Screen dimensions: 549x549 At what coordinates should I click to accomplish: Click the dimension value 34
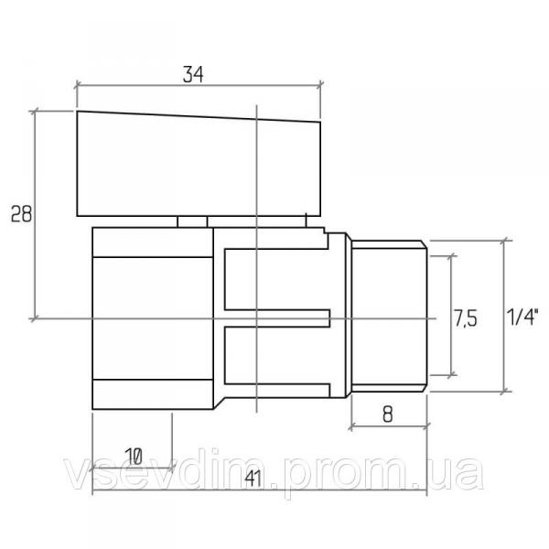point(193,75)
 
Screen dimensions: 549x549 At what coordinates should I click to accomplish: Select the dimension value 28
point(21,213)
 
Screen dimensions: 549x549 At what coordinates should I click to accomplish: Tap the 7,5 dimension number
point(466,318)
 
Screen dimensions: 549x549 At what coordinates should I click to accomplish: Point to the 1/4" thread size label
point(522,317)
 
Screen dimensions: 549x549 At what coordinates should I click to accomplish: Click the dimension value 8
point(388,414)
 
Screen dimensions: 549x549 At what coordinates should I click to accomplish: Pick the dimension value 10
point(134,457)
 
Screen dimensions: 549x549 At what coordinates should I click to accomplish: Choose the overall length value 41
point(253,479)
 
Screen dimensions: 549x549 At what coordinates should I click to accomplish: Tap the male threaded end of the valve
point(390,316)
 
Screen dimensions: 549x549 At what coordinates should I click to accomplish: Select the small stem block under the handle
point(192,222)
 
